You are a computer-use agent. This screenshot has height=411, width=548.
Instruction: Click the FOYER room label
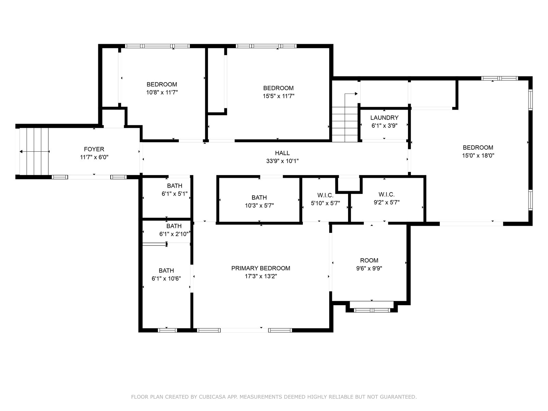(x=94, y=149)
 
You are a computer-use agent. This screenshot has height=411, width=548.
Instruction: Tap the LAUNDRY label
(x=384, y=117)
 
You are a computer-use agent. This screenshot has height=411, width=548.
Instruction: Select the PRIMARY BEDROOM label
(x=261, y=268)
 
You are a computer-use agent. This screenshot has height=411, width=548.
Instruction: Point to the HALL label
(x=282, y=153)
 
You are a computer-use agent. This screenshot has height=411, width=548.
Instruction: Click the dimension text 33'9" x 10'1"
(x=282, y=161)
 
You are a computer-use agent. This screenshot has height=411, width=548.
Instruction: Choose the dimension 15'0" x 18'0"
(x=478, y=155)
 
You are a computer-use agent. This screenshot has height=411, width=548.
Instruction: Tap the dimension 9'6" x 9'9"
(x=369, y=269)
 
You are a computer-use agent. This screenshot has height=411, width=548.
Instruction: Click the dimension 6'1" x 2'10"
(x=174, y=234)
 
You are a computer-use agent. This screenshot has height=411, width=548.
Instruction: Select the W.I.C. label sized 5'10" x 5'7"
(x=325, y=195)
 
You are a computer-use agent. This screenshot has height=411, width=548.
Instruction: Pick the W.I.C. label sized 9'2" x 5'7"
(x=386, y=195)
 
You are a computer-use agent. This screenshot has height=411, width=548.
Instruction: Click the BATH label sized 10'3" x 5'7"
(x=259, y=198)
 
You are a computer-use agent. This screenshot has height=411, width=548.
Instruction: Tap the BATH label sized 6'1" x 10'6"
(x=166, y=271)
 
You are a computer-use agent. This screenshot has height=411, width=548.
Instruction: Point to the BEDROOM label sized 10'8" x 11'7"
(x=162, y=84)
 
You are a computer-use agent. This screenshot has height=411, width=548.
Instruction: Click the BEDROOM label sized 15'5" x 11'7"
(x=278, y=88)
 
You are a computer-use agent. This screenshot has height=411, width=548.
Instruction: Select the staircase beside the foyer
(x=34, y=151)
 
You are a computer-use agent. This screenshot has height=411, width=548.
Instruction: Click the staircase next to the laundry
(x=345, y=124)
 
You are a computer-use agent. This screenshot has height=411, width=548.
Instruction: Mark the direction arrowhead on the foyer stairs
(x=21, y=151)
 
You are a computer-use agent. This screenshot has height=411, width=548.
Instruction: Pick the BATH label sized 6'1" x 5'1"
(x=175, y=186)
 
